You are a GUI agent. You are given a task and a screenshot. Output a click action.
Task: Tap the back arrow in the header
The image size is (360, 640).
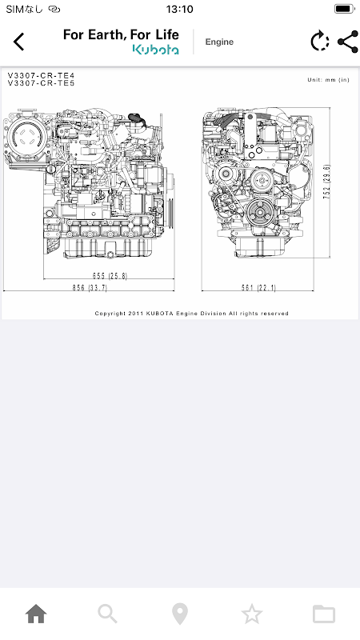[18, 42]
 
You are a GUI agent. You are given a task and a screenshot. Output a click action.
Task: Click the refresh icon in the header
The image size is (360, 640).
[319, 42]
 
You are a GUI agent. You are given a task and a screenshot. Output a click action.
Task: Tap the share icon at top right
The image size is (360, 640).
[348, 42]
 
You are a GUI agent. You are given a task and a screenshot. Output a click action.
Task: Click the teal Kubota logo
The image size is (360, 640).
[155, 50]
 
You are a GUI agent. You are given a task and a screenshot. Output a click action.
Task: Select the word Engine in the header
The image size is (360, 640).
[219, 42]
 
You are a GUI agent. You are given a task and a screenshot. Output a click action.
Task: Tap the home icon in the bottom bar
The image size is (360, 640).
[36, 614]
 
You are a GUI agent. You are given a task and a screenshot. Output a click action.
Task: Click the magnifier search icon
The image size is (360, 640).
[108, 614]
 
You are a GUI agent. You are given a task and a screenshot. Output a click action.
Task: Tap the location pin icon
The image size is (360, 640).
[179, 614]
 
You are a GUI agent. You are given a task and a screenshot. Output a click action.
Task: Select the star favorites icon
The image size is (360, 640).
[252, 614]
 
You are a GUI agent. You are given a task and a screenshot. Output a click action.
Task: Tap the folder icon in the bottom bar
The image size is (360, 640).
[324, 614]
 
